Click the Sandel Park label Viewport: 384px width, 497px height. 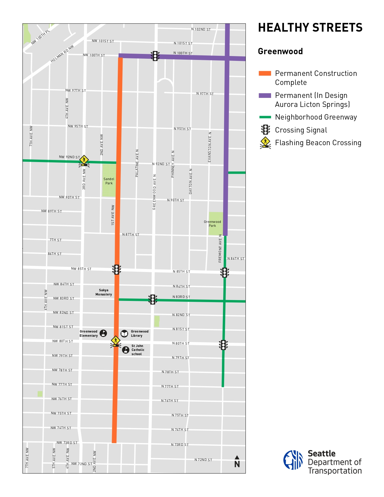tap(109, 181)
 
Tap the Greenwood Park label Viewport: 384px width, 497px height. tap(212, 224)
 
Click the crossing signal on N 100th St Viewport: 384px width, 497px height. tap(155, 56)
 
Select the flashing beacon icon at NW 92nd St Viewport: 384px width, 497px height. tap(84, 161)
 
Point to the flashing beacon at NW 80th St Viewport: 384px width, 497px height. tap(116, 342)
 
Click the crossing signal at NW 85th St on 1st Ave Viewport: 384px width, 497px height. tap(117, 270)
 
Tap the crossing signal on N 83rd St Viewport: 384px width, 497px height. tap(153, 299)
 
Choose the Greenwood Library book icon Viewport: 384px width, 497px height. tap(124, 333)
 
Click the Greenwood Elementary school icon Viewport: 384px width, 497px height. tap(103, 333)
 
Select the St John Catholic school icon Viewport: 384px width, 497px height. tap(126, 350)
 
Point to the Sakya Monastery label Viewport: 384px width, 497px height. tap(104, 292)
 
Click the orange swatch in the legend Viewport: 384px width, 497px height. tap(265, 73)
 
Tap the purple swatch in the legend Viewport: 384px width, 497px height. tap(265, 95)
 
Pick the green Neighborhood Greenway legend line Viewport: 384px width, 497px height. tap(265, 117)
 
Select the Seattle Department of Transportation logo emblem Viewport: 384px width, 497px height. tap(293, 460)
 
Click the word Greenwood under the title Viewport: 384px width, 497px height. tap(280, 52)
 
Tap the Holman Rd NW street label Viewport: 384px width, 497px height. tap(62, 54)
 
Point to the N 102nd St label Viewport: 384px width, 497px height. tap(201, 29)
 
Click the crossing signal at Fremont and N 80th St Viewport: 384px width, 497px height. tap(223, 345)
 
